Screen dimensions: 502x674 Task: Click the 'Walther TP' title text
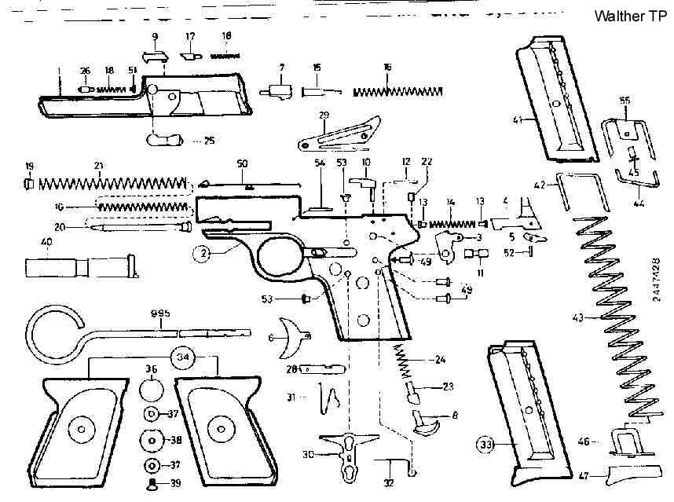click(x=632, y=16)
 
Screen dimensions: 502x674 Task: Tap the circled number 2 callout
click(x=203, y=253)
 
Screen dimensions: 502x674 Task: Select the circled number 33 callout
click(x=487, y=445)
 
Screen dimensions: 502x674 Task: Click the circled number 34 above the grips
click(x=183, y=357)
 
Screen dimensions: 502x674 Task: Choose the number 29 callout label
click(x=323, y=116)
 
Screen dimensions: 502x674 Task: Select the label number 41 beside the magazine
click(x=518, y=119)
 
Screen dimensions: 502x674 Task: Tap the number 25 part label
click(x=209, y=141)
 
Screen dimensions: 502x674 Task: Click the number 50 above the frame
click(x=243, y=163)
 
